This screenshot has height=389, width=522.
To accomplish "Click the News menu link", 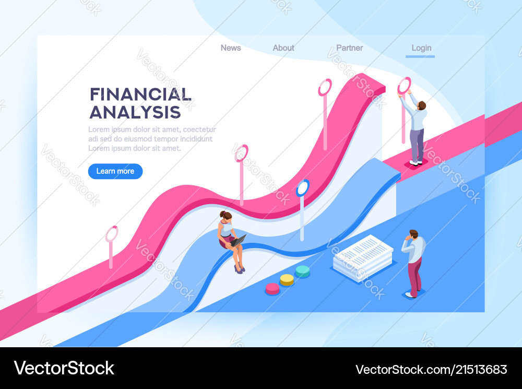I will click(x=231, y=48).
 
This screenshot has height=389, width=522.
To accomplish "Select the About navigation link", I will click(x=283, y=48).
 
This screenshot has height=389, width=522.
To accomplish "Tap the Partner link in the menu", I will click(x=349, y=48).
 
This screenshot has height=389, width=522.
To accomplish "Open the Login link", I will click(x=421, y=48).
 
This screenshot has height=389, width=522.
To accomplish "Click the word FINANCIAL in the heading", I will click(x=140, y=95).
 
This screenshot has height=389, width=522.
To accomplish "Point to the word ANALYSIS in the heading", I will click(x=135, y=112).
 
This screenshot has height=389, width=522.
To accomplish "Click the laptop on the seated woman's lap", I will click(x=238, y=241).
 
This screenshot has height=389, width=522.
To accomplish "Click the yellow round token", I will click(x=287, y=279).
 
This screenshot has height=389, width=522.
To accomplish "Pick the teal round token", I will click(x=303, y=270).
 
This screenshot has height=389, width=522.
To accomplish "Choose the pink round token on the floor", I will click(x=272, y=288).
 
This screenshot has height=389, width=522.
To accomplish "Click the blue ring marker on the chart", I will click(x=303, y=187).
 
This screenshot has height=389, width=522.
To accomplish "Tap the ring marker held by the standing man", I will click(x=404, y=85).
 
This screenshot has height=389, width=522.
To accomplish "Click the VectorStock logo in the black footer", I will click(x=64, y=368).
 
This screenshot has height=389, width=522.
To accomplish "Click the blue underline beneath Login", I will click(x=420, y=56).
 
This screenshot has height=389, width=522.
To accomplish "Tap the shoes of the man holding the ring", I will click(x=416, y=162).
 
